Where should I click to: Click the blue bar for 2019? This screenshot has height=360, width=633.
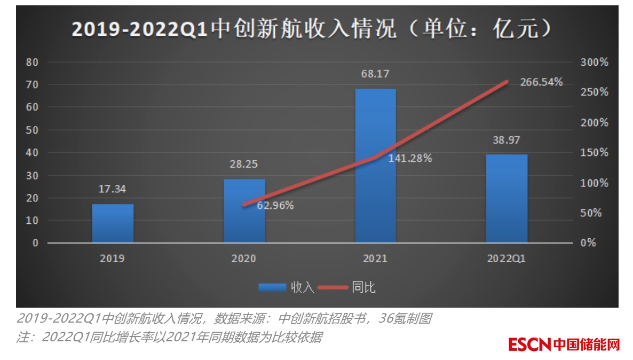[113, 223]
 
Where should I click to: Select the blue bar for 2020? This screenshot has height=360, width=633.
[244, 211]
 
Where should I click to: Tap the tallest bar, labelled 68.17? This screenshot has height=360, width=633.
[376, 166]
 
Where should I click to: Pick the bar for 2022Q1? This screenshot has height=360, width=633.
[507, 199]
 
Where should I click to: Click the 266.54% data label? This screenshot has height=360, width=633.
[542, 82]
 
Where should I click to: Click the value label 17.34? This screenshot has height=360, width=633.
[112, 189]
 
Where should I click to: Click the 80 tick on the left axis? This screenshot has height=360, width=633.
[32, 62]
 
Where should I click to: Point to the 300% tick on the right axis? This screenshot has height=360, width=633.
[594, 62]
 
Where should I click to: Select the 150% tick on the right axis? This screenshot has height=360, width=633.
[594, 153]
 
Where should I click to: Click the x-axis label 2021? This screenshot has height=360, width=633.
[375, 259]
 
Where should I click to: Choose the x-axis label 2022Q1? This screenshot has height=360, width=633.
[507, 259]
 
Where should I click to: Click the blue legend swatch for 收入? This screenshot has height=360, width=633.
[272, 287]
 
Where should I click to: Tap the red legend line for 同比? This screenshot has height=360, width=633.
[334, 287]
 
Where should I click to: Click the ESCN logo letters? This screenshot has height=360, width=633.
[529, 345]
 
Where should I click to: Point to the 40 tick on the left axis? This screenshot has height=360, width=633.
[32, 153]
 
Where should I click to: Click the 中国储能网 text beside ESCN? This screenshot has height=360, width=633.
[587, 345]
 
